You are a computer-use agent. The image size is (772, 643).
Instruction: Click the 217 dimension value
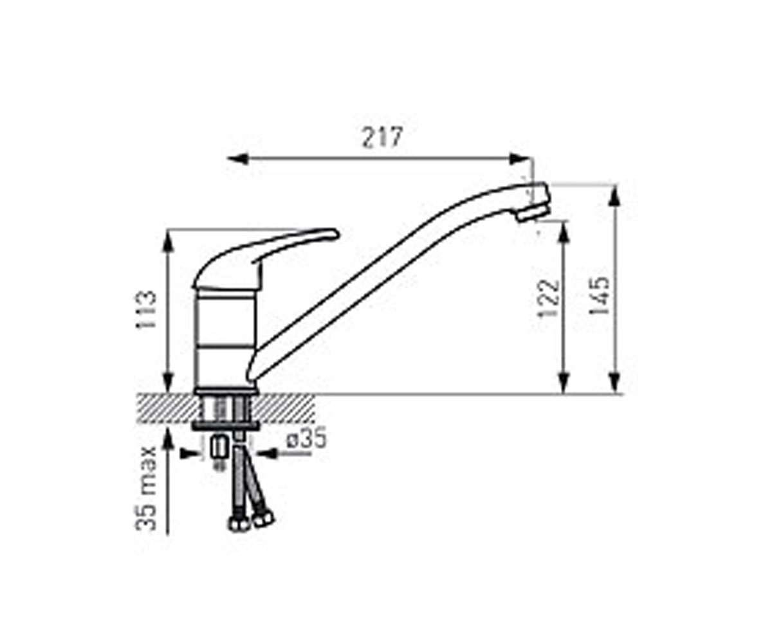click(381, 138)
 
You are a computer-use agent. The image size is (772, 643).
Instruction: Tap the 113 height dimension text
click(146, 310)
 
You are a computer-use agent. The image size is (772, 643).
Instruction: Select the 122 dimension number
click(548, 298)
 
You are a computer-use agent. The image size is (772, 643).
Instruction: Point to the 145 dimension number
click(598, 296)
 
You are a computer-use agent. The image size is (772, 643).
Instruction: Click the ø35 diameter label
click(307, 439)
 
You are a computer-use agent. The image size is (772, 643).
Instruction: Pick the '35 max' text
click(147, 489)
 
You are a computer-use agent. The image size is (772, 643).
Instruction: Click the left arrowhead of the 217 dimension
click(238, 159)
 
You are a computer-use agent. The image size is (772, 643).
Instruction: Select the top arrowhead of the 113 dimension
click(168, 240)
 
